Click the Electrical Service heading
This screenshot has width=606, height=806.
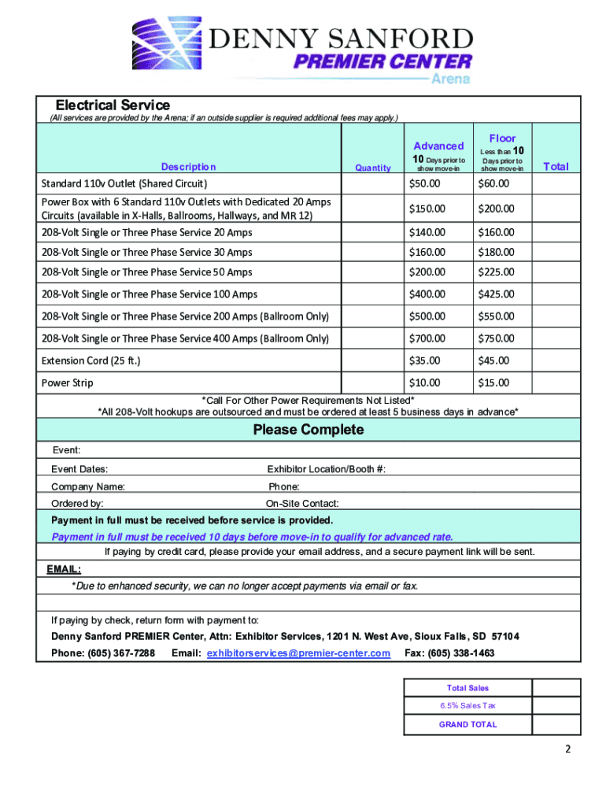point(112,105)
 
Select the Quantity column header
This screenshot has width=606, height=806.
point(372,168)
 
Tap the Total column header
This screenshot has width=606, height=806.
point(556,166)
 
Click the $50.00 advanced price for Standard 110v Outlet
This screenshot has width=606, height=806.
point(425,183)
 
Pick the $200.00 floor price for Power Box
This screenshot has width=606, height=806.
point(495,209)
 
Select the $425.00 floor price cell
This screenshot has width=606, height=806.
point(495,294)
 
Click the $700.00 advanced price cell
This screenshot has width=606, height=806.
point(426,338)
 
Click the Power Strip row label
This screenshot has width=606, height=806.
point(67,383)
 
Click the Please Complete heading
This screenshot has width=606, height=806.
point(308,430)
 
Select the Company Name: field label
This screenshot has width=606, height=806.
point(87,486)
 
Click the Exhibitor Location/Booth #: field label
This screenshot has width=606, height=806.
point(326,469)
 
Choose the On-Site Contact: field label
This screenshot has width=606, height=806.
point(302,503)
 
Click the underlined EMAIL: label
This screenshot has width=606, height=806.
point(63,569)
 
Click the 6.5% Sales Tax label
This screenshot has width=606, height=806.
point(467,705)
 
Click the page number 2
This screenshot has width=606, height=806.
point(567,771)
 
